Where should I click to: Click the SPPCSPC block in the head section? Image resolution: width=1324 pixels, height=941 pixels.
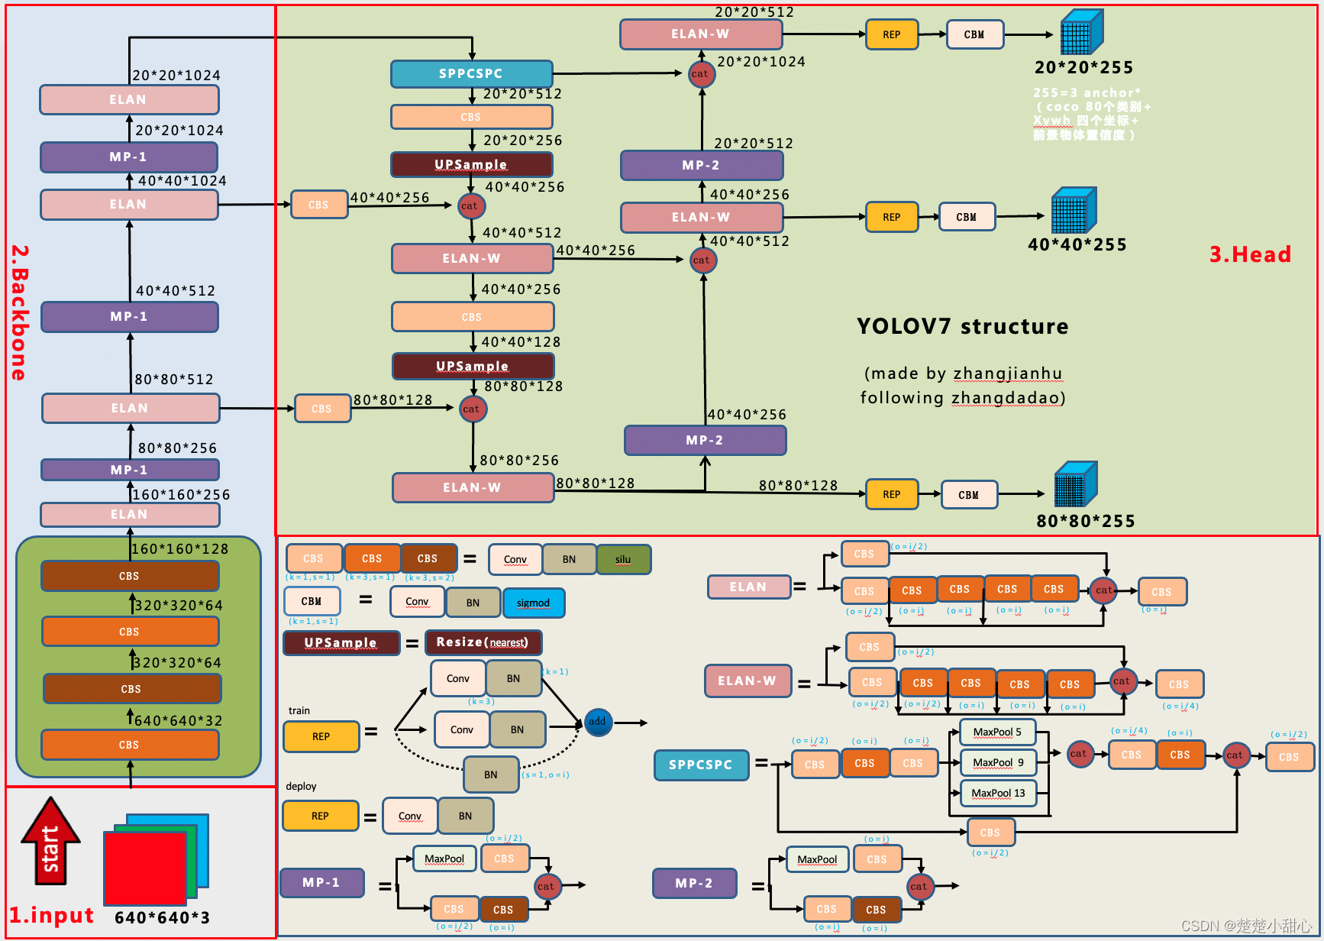click(471, 74)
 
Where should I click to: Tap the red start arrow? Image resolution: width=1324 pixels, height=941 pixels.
click(50, 841)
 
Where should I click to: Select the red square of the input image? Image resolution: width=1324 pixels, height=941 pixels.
click(145, 868)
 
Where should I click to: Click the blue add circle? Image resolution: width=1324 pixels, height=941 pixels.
click(597, 722)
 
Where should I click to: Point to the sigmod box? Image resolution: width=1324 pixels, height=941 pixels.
click(533, 603)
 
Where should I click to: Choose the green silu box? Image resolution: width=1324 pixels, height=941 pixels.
click(623, 559)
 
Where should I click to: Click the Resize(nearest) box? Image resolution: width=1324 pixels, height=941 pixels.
click(483, 642)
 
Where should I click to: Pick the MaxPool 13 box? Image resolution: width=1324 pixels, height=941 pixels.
click(998, 794)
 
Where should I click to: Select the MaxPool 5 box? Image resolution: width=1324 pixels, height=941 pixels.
click(996, 732)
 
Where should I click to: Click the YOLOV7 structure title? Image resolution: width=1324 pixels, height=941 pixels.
click(962, 327)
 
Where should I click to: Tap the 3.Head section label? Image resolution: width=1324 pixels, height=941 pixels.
click(1250, 254)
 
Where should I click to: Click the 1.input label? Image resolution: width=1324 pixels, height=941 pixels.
click(51, 915)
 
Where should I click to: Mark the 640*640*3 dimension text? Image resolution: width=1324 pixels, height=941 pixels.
click(162, 917)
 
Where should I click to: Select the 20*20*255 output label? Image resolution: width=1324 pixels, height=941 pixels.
click(1083, 67)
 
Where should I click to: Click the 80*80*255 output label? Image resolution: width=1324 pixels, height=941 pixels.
click(1085, 521)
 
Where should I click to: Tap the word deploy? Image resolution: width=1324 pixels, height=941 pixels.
click(301, 786)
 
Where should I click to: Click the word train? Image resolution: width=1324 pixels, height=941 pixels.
click(299, 710)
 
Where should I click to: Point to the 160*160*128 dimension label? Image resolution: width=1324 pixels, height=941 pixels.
click(180, 548)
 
